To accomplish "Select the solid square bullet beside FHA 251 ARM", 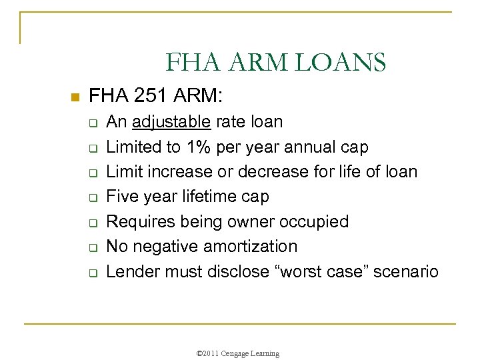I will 75,97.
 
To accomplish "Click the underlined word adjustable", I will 173,122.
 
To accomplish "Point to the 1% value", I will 201,147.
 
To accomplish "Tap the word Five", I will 122,197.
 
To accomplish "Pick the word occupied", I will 313,221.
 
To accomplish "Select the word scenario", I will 408,271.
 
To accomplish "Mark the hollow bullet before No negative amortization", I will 93,248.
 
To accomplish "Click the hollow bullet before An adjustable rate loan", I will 93,123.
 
